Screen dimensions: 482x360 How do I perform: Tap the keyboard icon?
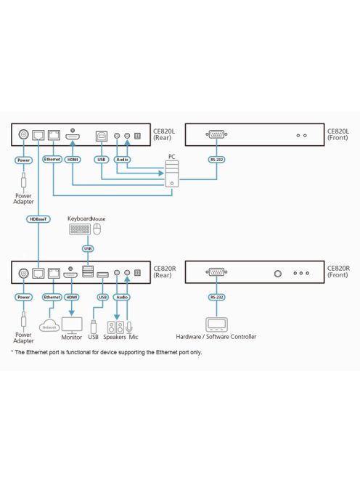80,229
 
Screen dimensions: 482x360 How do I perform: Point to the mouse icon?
97,229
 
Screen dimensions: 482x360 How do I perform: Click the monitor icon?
72,324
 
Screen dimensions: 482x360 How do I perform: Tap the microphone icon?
128,326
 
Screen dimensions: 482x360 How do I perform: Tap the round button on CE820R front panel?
277,274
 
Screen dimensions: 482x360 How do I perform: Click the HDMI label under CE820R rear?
72,297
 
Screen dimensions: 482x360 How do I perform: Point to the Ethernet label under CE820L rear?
52,158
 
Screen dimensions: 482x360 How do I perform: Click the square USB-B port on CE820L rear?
102,135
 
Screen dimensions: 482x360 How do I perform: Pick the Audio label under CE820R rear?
122,297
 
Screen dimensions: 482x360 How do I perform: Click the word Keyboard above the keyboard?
78,218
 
